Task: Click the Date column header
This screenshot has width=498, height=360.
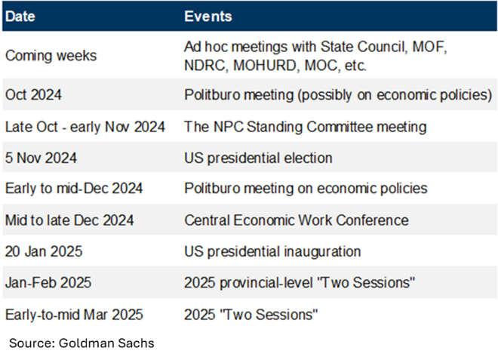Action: click(20, 17)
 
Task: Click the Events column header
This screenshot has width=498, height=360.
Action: click(208, 17)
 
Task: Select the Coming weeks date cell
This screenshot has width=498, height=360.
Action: click(51, 56)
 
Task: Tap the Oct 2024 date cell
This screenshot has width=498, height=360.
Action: click(33, 94)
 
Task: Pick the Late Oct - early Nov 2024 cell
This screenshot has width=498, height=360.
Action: click(85, 127)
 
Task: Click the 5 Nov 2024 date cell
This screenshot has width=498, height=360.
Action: click(41, 158)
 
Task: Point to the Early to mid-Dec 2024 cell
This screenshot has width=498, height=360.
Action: click(74, 188)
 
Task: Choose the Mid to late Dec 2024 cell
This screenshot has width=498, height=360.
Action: click(69, 220)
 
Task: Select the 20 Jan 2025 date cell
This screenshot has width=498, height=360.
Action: click(44, 251)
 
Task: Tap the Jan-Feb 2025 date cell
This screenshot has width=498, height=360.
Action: click(48, 282)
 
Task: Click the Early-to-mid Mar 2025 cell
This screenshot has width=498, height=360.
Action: click(74, 315)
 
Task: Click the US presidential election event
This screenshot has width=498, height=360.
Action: click(258, 158)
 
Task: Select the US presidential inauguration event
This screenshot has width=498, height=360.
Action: click(272, 251)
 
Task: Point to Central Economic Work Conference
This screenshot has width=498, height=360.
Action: click(297, 220)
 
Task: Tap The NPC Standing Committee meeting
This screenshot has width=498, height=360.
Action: click(306, 127)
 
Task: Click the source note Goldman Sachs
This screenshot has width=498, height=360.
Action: click(106, 343)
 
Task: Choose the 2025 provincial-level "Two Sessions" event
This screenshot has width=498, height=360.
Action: click(300, 282)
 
